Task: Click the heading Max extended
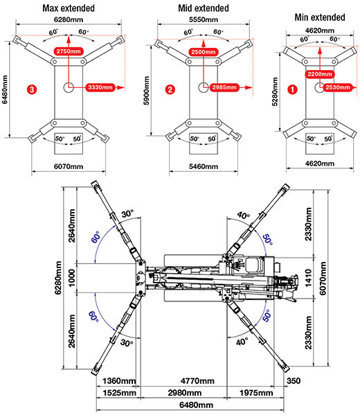click(69, 8)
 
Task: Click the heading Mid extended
click(204, 8)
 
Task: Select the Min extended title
click(320, 17)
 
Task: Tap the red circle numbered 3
click(32, 89)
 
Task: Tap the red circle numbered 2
click(170, 89)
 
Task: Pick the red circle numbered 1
click(292, 89)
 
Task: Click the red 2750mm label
click(69, 51)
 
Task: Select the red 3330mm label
click(100, 87)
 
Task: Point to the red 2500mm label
click(204, 51)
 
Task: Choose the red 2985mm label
click(224, 87)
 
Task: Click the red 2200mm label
click(320, 74)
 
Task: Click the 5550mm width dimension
click(204, 20)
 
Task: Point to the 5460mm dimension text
click(204, 166)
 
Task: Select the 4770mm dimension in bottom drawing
click(197, 381)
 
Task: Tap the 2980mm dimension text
click(185, 393)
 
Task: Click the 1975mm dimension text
click(256, 393)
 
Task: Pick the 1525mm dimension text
click(119, 393)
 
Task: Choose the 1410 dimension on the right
click(308, 278)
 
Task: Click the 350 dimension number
click(294, 381)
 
